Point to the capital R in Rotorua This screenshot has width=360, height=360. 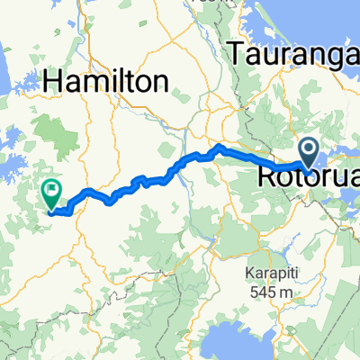point(268,175)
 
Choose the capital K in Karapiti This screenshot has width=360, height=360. point(249,273)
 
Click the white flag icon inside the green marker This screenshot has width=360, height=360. point(51,191)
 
